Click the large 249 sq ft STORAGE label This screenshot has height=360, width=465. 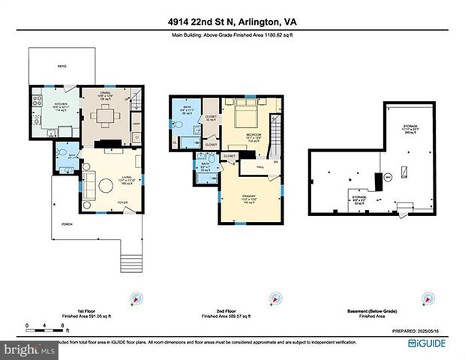tap(410, 128)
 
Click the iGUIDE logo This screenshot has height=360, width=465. tap(433, 343)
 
